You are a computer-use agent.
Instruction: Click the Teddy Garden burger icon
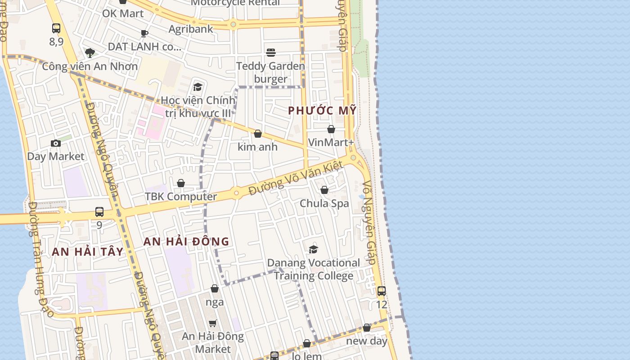pyautogui.click(x=271, y=53)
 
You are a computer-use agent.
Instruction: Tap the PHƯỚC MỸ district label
pyautogui.click(x=322, y=110)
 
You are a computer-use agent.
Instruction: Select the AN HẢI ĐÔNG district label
pyautogui.click(x=186, y=242)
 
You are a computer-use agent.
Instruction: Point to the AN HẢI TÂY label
pyautogui.click(x=88, y=252)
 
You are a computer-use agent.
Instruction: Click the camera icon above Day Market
pyautogui.click(x=56, y=144)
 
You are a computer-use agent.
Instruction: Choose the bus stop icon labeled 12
pyautogui.click(x=382, y=291)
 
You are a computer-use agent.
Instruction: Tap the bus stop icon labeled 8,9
pyautogui.click(x=56, y=28)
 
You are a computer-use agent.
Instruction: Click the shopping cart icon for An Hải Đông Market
pyautogui.click(x=213, y=323)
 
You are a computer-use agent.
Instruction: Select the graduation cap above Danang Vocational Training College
pyautogui.click(x=314, y=249)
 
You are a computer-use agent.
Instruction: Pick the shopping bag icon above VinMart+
pyautogui.click(x=331, y=130)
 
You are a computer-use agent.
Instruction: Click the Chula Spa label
pyautogui.click(x=324, y=203)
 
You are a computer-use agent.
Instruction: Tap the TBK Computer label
pyautogui.click(x=181, y=197)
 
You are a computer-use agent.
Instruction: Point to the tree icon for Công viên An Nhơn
pyautogui.click(x=90, y=53)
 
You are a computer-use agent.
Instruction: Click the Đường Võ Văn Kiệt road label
pyautogui.click(x=296, y=178)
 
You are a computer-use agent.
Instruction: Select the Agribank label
pyautogui.click(x=191, y=29)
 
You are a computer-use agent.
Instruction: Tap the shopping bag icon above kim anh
pyautogui.click(x=258, y=134)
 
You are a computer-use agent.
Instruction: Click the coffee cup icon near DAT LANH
pyautogui.click(x=144, y=33)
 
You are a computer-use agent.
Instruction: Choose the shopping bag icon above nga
pyautogui.click(x=215, y=288)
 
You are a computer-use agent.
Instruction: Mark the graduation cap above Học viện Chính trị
pyautogui.click(x=198, y=87)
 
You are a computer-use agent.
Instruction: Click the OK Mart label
pyautogui.click(x=123, y=13)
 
